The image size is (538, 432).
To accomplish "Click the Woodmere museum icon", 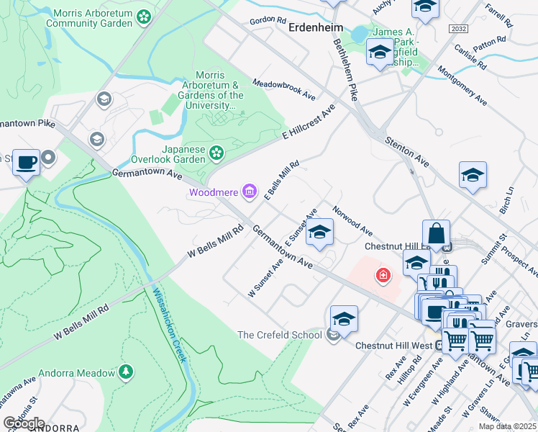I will click(x=250, y=192).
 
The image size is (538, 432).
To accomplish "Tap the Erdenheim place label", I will click(x=314, y=28).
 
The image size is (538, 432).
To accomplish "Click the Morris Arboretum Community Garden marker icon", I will click(x=144, y=16).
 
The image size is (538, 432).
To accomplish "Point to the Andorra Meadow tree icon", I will click(x=127, y=372).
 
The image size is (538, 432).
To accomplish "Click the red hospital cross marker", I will click(x=383, y=275).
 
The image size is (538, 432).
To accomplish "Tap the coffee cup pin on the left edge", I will click(x=27, y=162).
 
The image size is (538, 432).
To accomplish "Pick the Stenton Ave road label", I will click(x=407, y=153).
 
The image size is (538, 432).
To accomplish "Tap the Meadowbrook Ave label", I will click(x=284, y=90).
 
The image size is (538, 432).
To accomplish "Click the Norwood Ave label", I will click(x=352, y=222).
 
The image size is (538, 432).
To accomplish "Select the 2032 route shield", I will click(x=457, y=28).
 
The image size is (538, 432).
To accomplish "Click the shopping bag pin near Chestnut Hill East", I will click(x=436, y=233).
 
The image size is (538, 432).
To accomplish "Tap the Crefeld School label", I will click(x=280, y=335).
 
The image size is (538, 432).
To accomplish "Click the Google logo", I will click(x=24, y=423).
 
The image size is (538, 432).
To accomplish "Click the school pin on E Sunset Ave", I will click(x=320, y=232).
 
